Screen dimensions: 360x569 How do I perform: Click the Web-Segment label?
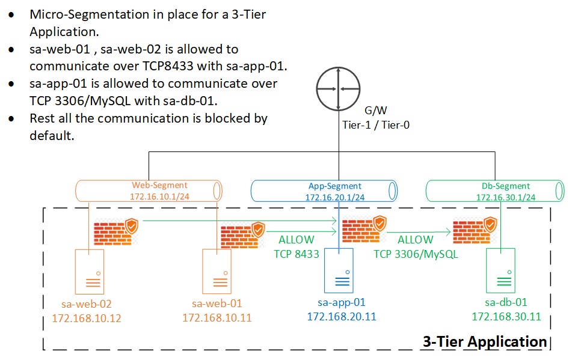point(159,185)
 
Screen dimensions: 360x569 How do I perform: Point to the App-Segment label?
point(335,186)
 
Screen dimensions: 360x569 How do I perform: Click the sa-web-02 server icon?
point(89,271)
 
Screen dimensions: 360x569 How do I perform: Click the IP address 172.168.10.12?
point(87,317)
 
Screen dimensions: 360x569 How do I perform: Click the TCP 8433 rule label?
point(297,254)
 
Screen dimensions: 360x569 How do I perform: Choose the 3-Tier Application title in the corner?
point(485,342)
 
